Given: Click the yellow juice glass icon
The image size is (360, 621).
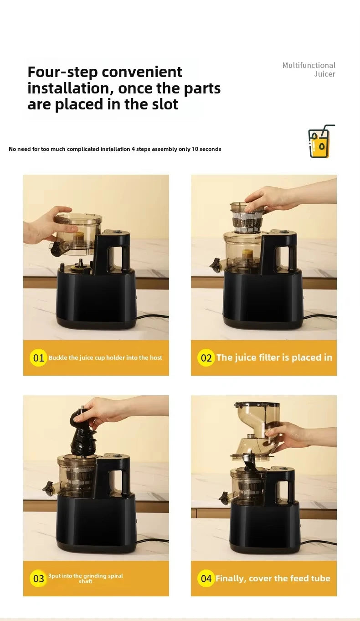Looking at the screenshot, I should pyautogui.click(x=320, y=142).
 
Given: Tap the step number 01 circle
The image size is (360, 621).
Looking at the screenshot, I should pyautogui.click(x=39, y=358).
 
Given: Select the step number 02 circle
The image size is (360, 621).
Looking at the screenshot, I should pyautogui.click(x=206, y=358).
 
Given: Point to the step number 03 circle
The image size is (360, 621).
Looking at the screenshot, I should pyautogui.click(x=39, y=579).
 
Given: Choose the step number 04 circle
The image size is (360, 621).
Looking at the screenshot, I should pyautogui.click(x=206, y=579).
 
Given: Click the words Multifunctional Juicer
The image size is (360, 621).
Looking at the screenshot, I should pyautogui.click(x=309, y=69).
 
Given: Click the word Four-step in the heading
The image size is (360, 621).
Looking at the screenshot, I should pyautogui.click(x=60, y=72).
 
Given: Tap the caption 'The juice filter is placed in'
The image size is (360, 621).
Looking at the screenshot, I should pyautogui.click(x=274, y=358).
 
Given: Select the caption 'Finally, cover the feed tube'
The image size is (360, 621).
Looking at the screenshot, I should pyautogui.click(x=273, y=579).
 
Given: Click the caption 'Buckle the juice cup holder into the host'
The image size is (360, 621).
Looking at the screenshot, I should pyautogui.click(x=105, y=358).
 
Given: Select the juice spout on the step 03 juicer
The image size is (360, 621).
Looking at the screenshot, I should pyautogui.click(x=48, y=488).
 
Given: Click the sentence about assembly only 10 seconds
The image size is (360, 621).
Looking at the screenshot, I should pyautogui.click(x=115, y=149).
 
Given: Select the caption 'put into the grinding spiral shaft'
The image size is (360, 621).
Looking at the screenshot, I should pyautogui.click(x=86, y=579).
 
